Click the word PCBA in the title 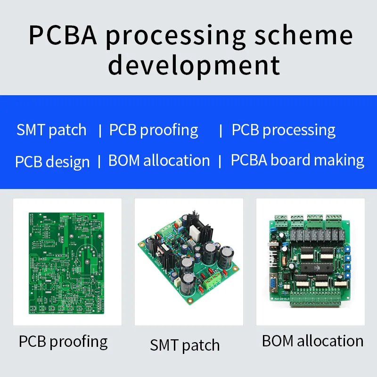(x=63, y=36)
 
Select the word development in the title (x=194, y=65)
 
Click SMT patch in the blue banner (x=51, y=130)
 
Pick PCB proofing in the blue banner (x=154, y=130)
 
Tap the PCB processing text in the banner (x=283, y=130)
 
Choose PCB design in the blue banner (x=52, y=162)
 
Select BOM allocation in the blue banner (x=159, y=160)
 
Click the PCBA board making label (x=297, y=160)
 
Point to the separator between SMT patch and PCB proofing (x=100, y=131)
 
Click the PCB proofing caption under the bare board (x=63, y=342)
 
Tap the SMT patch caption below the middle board (x=185, y=345)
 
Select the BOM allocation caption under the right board (x=312, y=341)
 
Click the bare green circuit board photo (x=67, y=262)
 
